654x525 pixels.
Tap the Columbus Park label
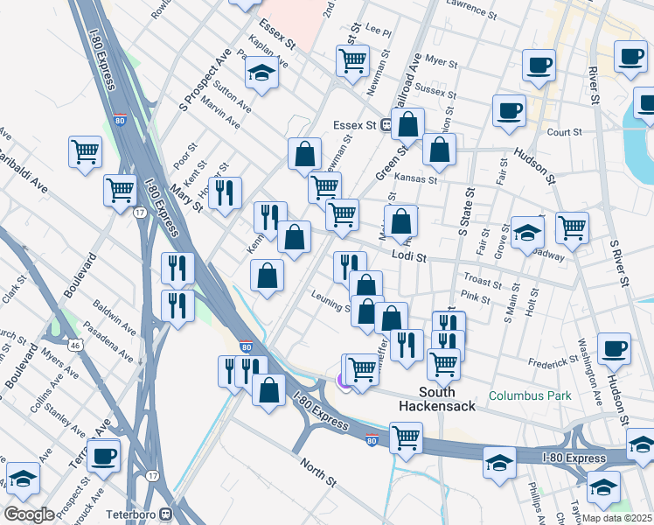pyautogui.click(x=530, y=395)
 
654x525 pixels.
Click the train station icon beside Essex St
pyautogui.click(x=384, y=125)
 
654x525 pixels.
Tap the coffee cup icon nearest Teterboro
pyautogui.click(x=104, y=455)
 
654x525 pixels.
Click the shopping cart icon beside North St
pyautogui.click(x=406, y=437)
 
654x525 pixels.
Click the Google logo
pyautogui.click(x=30, y=514)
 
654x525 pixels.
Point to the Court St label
pyautogui.click(x=564, y=132)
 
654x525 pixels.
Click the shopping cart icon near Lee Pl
pyautogui.click(x=352, y=61)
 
